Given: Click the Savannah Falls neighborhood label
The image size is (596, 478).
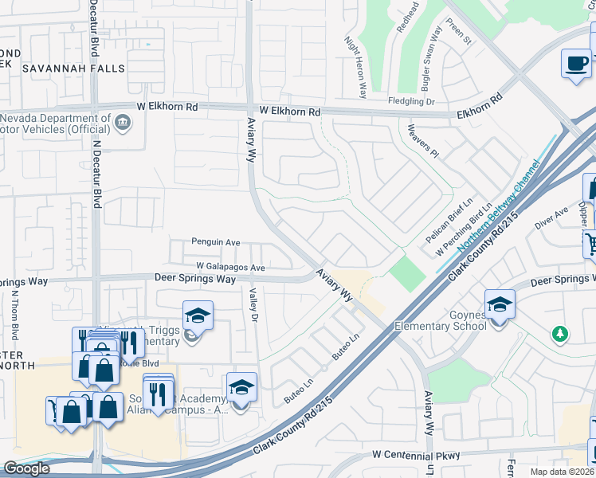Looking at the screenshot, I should tap(73, 69).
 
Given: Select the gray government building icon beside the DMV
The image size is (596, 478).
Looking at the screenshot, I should tap(124, 123).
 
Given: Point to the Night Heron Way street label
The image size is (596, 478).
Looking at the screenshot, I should tap(355, 68).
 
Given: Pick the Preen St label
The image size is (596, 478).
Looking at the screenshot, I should tap(461, 37).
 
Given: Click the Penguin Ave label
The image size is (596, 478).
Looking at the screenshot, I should tap(215, 242).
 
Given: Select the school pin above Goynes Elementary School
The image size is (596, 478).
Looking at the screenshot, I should tap(500, 304).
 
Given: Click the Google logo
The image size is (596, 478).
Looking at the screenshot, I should tap(27, 468).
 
